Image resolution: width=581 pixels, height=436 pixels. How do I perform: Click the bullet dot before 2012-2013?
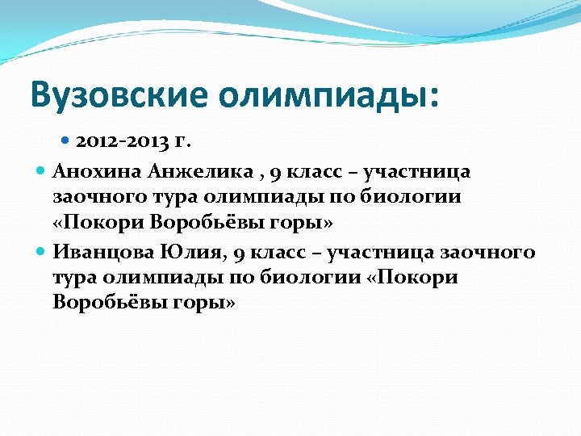(x=66, y=141)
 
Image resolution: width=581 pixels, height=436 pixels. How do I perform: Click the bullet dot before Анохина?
(x=42, y=171)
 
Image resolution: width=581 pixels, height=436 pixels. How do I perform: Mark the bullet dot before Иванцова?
(x=42, y=252)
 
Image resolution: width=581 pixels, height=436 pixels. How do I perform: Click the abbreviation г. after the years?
(x=182, y=141)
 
